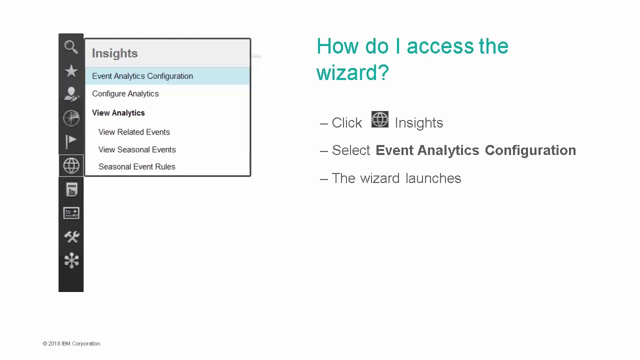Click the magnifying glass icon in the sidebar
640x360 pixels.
[x=71, y=47]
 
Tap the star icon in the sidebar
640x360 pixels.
[x=71, y=71]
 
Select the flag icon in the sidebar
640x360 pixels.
[x=71, y=141]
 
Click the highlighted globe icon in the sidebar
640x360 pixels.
[x=71, y=165]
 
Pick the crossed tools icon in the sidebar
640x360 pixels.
[x=71, y=236]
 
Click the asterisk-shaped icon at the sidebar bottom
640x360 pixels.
[x=71, y=260]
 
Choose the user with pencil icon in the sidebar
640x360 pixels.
[x=71, y=94]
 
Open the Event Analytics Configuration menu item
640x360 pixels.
[x=142, y=76]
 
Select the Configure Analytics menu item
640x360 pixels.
[x=125, y=93]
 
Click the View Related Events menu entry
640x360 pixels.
[x=134, y=132]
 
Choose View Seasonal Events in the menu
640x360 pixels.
[x=137, y=149]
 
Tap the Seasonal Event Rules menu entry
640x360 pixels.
[x=136, y=166]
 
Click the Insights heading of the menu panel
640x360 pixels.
[x=114, y=53]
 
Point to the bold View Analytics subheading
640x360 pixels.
[x=118, y=113]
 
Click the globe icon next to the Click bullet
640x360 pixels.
[x=379, y=120]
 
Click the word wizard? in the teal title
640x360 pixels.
[x=352, y=72]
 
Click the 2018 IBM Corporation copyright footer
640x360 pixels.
[x=71, y=343]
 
